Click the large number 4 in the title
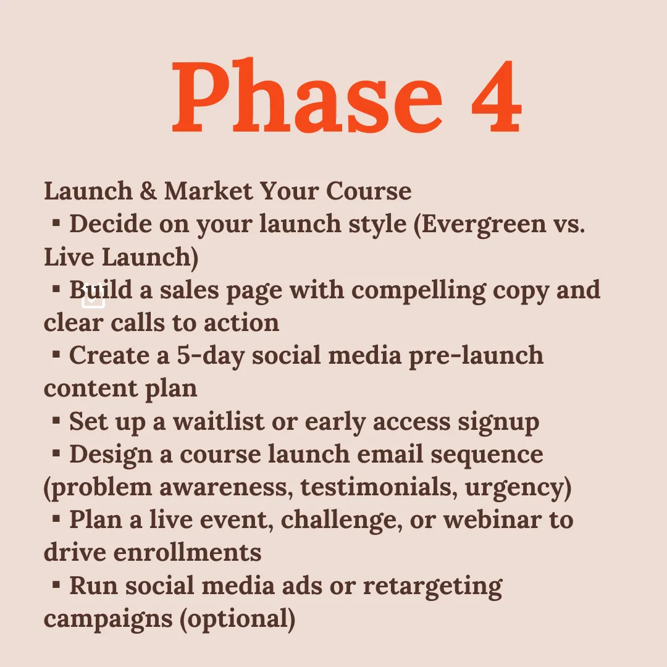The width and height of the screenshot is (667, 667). (x=497, y=96)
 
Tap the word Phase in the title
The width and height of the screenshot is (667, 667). (x=307, y=95)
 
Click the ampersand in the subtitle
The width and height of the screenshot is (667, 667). (x=148, y=191)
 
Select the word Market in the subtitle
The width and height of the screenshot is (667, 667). (x=209, y=191)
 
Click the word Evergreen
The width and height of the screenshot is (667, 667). (x=484, y=225)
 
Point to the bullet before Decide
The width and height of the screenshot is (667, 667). (x=56, y=223)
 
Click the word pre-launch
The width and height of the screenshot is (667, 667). (x=476, y=356)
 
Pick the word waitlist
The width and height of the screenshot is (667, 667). (x=219, y=422)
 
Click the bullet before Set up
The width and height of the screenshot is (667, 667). (x=56, y=421)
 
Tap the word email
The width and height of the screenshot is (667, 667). (x=390, y=455)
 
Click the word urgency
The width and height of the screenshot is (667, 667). (x=518, y=488)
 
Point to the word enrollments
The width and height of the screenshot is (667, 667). (x=188, y=553)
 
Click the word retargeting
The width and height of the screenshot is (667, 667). (x=432, y=587)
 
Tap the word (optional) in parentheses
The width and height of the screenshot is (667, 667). (x=237, y=619)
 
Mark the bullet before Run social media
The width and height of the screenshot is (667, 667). (x=56, y=585)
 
